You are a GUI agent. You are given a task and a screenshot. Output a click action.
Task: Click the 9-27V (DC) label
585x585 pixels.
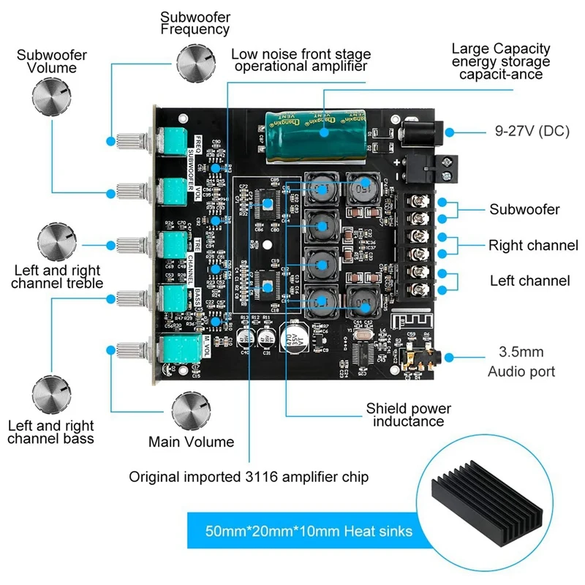tap(512, 132)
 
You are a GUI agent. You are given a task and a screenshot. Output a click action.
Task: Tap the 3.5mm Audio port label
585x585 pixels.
tap(521, 361)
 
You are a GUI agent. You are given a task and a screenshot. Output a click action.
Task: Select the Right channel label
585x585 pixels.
tap(533, 245)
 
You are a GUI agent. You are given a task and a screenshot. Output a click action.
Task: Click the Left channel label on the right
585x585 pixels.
tap(529, 280)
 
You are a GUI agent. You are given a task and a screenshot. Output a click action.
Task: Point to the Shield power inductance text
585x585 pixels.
tap(409, 415)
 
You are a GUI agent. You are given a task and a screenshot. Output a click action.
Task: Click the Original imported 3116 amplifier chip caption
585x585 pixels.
tap(249, 477)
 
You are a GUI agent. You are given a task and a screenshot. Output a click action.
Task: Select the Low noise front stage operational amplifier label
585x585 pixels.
tap(301, 60)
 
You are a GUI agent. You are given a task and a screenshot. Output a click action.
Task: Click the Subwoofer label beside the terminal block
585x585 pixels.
tap(524, 210)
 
